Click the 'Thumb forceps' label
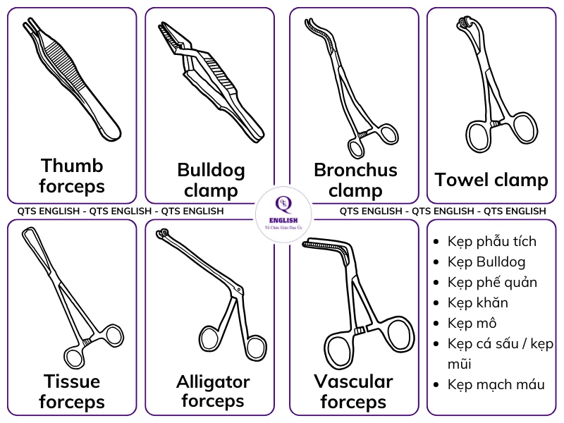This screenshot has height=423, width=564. coord(71,176)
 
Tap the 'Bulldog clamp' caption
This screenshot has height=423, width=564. coord(211,180)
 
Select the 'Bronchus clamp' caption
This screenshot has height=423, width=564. coord(355,180)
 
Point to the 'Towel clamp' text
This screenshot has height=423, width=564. coord(491,180)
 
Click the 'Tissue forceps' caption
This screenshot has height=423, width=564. coord(71,391)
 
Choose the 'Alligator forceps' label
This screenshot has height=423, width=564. coord(212,391)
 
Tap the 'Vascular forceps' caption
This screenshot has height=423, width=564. coord(353,391)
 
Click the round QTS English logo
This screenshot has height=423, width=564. coord(282,211)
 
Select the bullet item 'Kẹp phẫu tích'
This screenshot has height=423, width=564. coord(492,241)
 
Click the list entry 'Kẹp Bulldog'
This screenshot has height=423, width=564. coord(486,262)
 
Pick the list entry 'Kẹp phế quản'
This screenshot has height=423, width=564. coord(492,283)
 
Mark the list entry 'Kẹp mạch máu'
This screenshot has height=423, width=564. coord(496,384)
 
